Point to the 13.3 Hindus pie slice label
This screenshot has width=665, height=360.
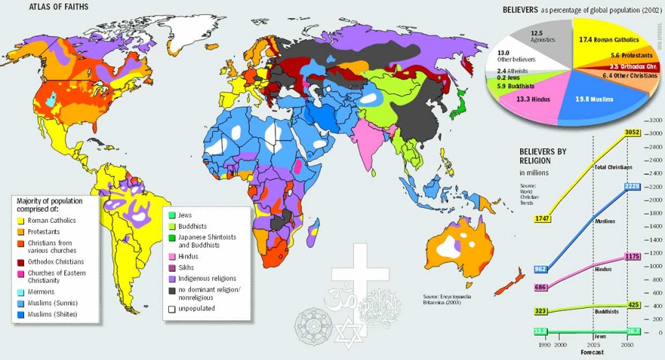coord(533,99)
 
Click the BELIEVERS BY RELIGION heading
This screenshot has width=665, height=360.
coord(543,156)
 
